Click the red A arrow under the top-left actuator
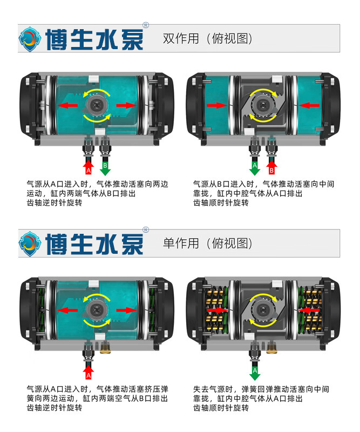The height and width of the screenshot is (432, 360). tap(89, 167)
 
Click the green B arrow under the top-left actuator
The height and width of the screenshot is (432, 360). tap(105, 168)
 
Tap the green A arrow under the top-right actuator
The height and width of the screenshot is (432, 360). tap(255, 168)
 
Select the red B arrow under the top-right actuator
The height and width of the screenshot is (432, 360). tap(271, 167)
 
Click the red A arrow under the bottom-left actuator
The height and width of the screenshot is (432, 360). tap(89, 372)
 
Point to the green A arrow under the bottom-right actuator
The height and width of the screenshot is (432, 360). tap(255, 373)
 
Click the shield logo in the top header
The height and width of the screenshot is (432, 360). tap(30, 39)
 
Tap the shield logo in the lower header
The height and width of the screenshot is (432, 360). tap(30, 244)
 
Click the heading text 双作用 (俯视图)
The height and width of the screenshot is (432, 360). tap(208, 38)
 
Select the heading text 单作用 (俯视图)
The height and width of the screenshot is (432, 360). tap(208, 244)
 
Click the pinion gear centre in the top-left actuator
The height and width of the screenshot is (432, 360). tap(97, 105)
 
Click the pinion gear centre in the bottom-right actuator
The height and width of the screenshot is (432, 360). tap(262, 310)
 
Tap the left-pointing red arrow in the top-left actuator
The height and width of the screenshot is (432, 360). tap(67, 105)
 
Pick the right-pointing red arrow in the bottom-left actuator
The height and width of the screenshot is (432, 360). tap(126, 310)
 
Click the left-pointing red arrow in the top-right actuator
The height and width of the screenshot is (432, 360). tap(309, 105)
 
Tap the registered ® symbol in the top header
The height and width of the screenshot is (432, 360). tap(146, 25)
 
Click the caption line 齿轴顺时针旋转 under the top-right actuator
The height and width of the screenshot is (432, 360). tap(221, 203)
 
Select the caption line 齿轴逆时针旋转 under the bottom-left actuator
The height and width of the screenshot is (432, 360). tap(55, 408)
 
